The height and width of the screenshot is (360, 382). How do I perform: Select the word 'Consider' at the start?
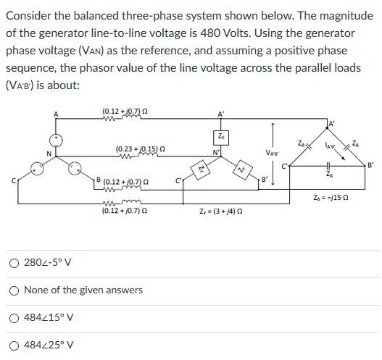pyautogui.click(x=28, y=13)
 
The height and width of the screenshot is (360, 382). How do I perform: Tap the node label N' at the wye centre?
pyautogui.click(x=215, y=151)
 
